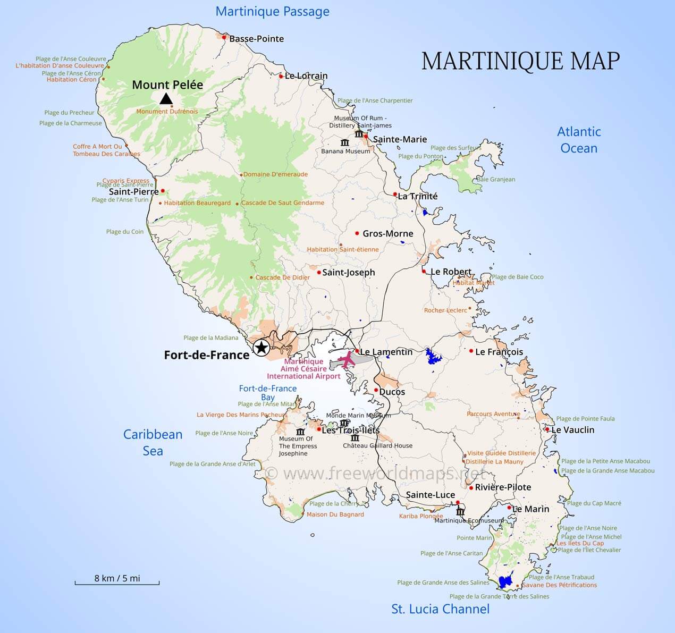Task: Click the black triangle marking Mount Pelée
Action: (166, 98)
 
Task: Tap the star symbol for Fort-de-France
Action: (261, 348)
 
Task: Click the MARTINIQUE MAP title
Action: (520, 61)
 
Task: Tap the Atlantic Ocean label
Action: (579, 140)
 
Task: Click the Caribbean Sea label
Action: (153, 442)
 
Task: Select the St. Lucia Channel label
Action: (440, 609)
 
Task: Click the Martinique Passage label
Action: (272, 12)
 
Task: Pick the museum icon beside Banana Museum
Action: (345, 142)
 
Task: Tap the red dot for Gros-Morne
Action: (357, 233)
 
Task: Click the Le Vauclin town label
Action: (573, 429)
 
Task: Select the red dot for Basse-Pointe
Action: (224, 38)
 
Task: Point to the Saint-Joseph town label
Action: (349, 272)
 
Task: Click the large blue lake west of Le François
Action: (434, 357)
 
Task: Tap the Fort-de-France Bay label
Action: (267, 393)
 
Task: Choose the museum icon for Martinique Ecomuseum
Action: (460, 512)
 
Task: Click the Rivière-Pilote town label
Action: (503, 487)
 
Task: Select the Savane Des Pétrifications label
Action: (559, 585)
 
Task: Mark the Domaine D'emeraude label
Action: (275, 174)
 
